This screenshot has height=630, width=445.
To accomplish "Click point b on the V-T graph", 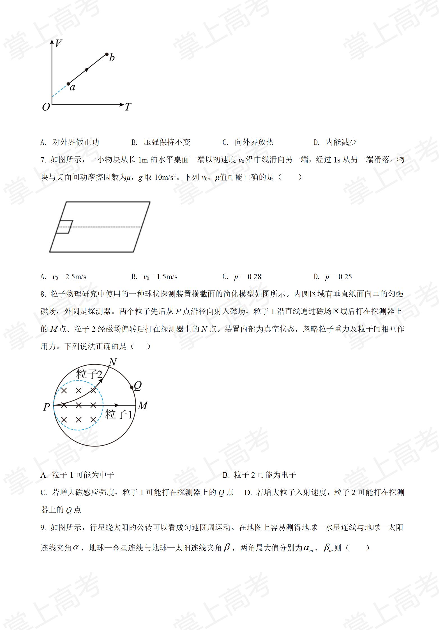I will (107, 54).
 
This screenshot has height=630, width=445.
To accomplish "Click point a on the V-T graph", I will (68, 84).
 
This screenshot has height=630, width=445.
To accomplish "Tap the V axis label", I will (58, 43).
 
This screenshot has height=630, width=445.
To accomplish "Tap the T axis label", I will (128, 107).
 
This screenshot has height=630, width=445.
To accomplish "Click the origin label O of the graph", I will (46, 107).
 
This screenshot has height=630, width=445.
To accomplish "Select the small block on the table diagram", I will (64, 227).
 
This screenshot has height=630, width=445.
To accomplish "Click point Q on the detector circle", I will (132, 388).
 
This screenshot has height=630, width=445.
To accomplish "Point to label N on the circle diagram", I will (112, 362).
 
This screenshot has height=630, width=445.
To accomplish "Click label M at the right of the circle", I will (143, 406).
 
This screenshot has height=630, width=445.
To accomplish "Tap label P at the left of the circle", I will (47, 407).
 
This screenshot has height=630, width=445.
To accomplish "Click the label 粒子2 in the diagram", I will (89, 374).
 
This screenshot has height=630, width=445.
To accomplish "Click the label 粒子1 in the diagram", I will (118, 414).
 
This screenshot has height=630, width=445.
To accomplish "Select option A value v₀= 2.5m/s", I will (69, 277).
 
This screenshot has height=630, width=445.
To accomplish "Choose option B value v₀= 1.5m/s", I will (160, 277).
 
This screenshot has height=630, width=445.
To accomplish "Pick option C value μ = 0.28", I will (247, 277).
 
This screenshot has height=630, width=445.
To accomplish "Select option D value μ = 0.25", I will (338, 277).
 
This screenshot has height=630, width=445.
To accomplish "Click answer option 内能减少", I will (341, 142).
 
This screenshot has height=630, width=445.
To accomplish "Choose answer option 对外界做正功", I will (76, 142).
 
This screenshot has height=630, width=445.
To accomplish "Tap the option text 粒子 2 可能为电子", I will (265, 475).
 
